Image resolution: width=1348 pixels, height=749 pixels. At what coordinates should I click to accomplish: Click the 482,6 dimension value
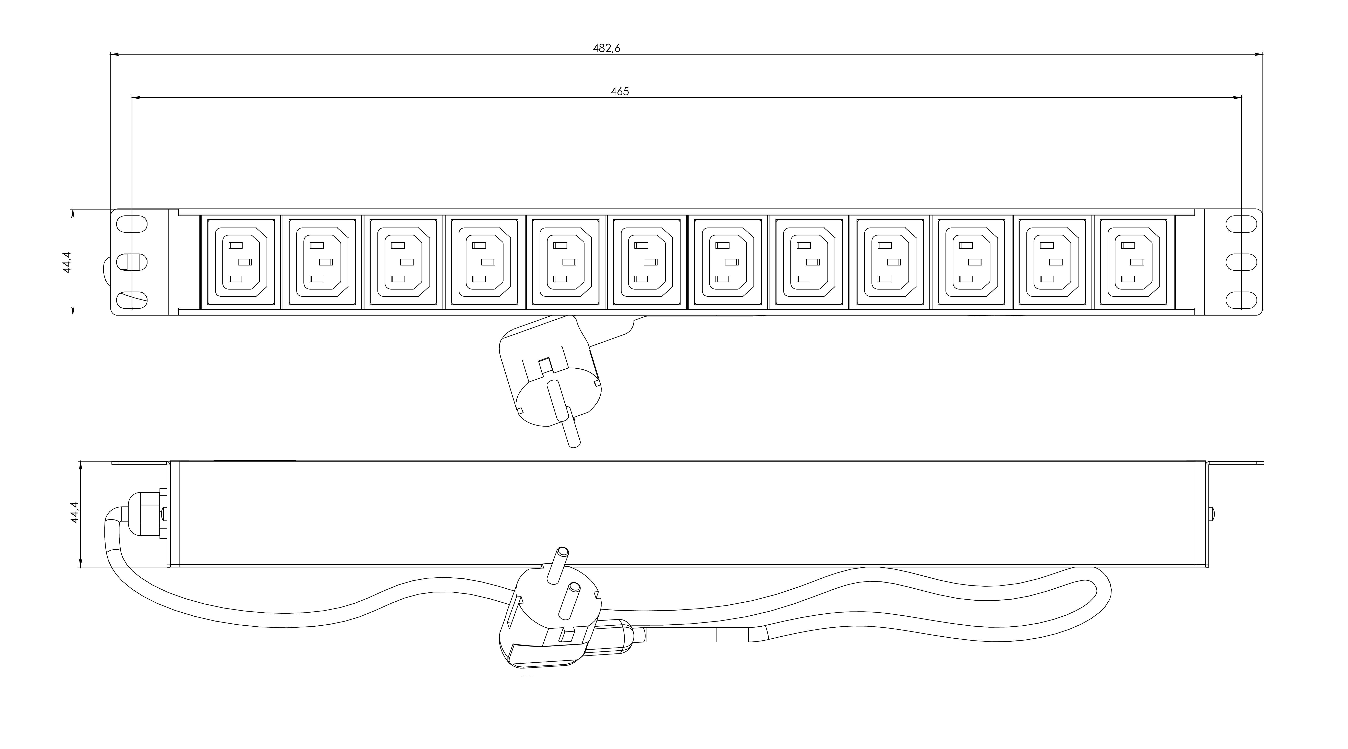tap(606, 48)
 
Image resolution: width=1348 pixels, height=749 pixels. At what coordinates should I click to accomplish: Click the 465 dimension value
tap(619, 91)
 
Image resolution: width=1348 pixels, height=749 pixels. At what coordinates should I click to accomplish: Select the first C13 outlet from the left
tap(241, 261)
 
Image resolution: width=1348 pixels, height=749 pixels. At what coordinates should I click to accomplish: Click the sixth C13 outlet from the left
tap(647, 261)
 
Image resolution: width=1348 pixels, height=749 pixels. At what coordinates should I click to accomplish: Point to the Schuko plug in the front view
tap(550, 377)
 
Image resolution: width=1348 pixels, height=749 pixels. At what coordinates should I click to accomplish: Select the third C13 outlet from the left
tap(403, 261)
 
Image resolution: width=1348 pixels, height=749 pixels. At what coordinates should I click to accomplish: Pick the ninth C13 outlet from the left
tap(890, 261)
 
